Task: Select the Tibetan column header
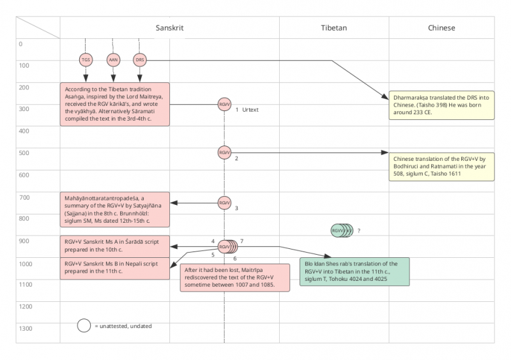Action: (x=333, y=28)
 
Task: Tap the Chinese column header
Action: (x=441, y=28)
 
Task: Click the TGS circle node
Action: (x=86, y=60)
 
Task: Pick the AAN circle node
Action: (x=113, y=60)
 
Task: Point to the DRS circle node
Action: (x=140, y=60)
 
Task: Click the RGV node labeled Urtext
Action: (x=224, y=104)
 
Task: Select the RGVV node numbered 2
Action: (x=224, y=153)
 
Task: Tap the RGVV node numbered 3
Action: (x=224, y=202)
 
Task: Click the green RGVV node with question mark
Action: (x=339, y=230)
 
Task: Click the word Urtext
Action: (x=250, y=110)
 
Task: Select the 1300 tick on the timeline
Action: (x=26, y=328)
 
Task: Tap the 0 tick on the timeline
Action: (x=20, y=44)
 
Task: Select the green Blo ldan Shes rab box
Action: (x=355, y=272)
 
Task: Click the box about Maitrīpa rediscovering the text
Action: (x=234, y=276)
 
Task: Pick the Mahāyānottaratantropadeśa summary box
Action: (x=115, y=209)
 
